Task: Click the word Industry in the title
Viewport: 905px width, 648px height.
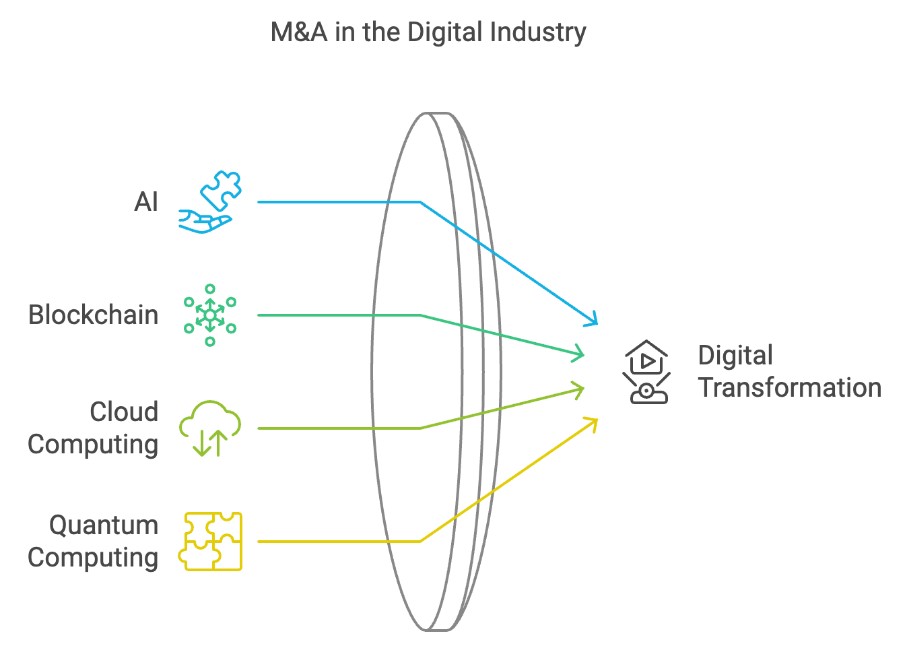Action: (538, 33)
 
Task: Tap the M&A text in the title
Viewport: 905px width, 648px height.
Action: (299, 32)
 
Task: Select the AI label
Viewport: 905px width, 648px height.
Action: (146, 201)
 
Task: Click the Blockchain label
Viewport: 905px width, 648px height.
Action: (94, 315)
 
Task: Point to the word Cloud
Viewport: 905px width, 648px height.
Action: (124, 412)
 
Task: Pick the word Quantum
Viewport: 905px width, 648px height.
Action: (104, 525)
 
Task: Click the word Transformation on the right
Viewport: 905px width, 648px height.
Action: (790, 388)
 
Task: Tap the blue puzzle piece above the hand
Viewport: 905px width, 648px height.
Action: (221, 191)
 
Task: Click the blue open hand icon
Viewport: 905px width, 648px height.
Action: (205, 222)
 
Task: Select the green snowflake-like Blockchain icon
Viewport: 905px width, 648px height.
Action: (210, 315)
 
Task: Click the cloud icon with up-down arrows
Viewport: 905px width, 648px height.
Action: (210, 428)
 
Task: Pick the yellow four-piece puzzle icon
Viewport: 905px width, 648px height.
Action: (210, 542)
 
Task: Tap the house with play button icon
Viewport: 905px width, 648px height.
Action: (646, 357)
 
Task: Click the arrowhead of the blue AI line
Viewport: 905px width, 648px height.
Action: (593, 319)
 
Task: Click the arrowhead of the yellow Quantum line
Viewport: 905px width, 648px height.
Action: (593, 424)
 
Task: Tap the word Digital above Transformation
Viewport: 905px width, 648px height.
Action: (735, 356)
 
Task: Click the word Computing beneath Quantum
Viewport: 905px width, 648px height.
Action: (93, 558)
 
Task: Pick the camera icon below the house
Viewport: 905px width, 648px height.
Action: (646, 389)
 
